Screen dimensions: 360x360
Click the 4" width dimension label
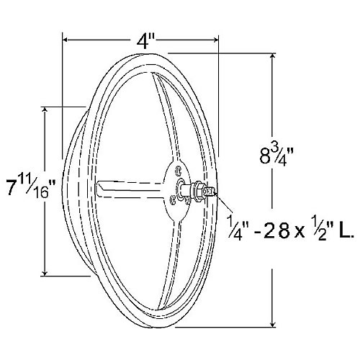point(147,40)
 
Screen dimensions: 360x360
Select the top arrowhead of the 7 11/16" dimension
point(48,110)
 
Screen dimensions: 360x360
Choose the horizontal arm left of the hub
point(130,186)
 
